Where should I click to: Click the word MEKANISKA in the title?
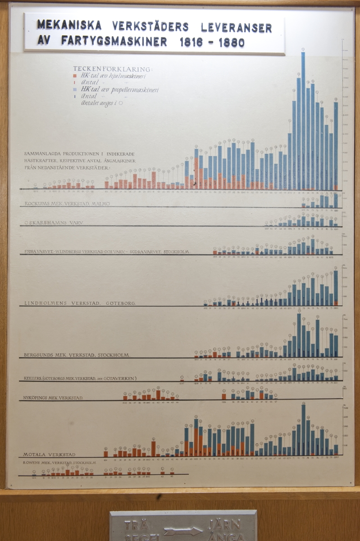69,26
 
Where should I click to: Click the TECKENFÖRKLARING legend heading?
113,69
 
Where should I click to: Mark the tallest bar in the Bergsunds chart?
299,335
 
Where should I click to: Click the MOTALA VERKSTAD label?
50,454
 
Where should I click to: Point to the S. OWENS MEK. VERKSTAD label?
59,463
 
